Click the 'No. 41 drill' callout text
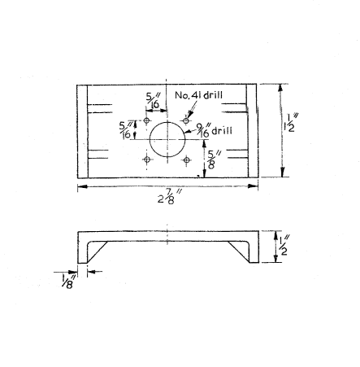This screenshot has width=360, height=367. pos(198,95)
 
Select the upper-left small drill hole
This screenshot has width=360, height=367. pos(147,120)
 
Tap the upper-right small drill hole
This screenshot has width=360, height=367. pos(186,120)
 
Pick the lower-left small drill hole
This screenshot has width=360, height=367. pos(147,159)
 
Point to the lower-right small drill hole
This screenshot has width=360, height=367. pos(186,159)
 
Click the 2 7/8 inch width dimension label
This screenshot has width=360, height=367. pos(170,197)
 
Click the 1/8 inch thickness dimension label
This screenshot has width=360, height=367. pos(68,281)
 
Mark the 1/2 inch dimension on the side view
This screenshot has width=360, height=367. pos(283,246)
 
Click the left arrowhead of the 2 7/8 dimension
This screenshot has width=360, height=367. pos(82,186)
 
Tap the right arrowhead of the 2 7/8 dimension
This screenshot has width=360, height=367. pos(253,186)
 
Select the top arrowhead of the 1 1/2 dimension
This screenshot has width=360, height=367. pos(280,88)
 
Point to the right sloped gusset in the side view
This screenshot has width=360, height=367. pos(239,252)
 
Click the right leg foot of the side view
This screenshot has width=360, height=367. pos(254,261)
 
